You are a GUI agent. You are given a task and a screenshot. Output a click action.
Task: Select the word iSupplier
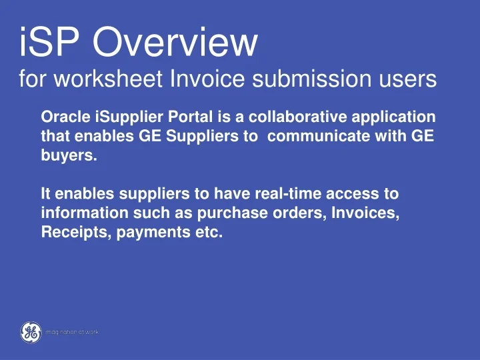[x=128, y=117]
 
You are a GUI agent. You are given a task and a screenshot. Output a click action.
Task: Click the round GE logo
[x=29, y=332]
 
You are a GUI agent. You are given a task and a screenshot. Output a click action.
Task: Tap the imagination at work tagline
[x=73, y=331]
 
